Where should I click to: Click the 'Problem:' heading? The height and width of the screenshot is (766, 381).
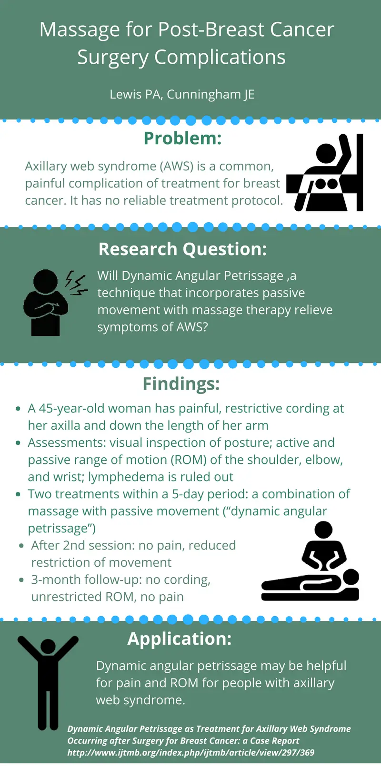pyautogui.click(x=182, y=138)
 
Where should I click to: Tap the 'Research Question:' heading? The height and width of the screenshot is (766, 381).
pyautogui.click(x=182, y=249)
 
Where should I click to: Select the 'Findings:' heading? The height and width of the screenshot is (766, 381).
pyautogui.click(x=181, y=383)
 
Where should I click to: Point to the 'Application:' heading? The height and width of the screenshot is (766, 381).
pyautogui.click(x=179, y=638)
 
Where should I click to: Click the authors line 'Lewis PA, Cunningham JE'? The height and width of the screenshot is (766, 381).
pyautogui.click(x=182, y=94)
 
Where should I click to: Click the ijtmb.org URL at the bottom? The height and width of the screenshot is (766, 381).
pyautogui.click(x=190, y=752)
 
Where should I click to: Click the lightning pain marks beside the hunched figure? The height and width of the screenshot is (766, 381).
pyautogui.click(x=76, y=283)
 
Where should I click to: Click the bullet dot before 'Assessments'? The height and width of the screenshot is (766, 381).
pyautogui.click(x=18, y=443)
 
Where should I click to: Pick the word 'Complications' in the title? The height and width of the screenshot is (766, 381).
pyautogui.click(x=220, y=57)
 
